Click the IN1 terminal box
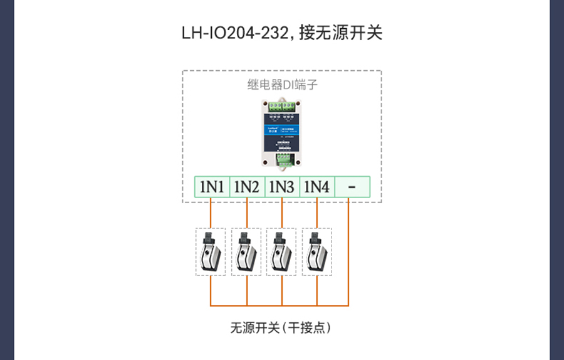coord(212,187)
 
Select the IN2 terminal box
coord(246,187)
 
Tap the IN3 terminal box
coord(281,187)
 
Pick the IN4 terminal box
coord(316,187)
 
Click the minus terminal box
coord(352,187)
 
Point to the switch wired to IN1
coord(211,252)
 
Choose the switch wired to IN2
coord(246,252)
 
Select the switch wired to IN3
coord(281,252)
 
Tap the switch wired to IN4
coord(316,252)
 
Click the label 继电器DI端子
coord(281,86)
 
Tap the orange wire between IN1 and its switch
coord(211,213)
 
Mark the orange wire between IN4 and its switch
coord(316,213)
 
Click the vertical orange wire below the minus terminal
coord(348,251)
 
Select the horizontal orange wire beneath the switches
coord(279,305)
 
